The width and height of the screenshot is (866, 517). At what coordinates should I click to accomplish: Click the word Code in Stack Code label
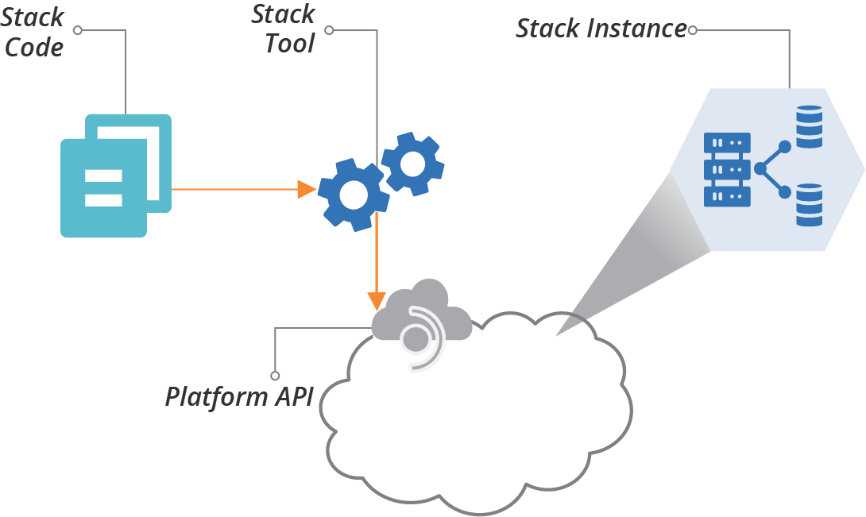[34, 47]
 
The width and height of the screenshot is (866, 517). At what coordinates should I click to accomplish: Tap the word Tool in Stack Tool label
[290, 43]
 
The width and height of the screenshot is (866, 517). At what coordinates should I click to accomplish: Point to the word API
[291, 396]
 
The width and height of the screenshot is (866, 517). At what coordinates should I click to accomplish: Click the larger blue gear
[354, 194]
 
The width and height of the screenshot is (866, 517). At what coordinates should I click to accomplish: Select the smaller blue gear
[412, 164]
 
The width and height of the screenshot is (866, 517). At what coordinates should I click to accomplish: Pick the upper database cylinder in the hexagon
[809, 127]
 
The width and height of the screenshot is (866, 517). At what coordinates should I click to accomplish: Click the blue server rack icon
[727, 170]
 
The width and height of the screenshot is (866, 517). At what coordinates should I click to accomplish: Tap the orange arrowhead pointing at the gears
[307, 189]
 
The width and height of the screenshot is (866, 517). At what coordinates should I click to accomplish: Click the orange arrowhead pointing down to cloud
[377, 300]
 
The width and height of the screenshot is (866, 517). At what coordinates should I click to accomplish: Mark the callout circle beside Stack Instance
[693, 30]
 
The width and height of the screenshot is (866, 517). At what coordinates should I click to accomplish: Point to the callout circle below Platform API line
[275, 375]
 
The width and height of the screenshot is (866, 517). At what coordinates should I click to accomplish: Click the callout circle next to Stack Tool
[329, 30]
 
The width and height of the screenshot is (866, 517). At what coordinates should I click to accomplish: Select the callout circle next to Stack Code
[77, 30]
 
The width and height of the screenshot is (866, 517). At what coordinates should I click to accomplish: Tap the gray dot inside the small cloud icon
[414, 340]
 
